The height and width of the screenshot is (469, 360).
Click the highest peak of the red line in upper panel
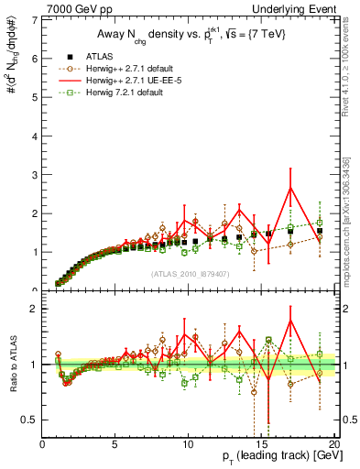coord(290,188)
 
